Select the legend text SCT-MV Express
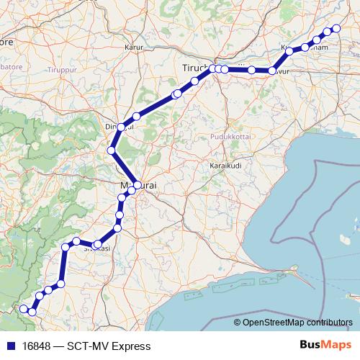coord(108,346)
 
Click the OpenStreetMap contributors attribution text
coord(292,323)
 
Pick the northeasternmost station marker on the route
coord(335,29)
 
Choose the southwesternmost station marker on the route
coord(24,308)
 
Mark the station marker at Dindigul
coord(122,127)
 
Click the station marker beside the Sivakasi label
coord(97,245)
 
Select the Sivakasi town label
coord(96,248)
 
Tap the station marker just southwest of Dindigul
coord(111,150)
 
